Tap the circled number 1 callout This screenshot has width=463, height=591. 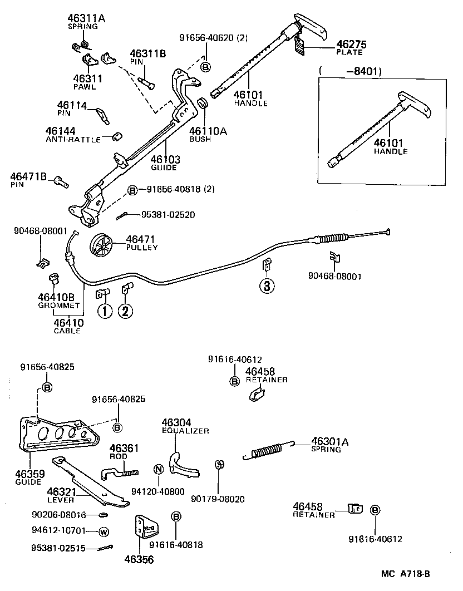[x=104, y=311]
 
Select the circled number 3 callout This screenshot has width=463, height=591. [x=267, y=286]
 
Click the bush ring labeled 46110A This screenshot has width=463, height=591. [x=203, y=104]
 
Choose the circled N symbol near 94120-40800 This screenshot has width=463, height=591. [x=158, y=469]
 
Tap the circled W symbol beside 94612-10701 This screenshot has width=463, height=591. [x=104, y=532]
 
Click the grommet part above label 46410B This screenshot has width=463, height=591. [x=54, y=278]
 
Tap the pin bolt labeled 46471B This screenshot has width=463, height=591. [x=61, y=180]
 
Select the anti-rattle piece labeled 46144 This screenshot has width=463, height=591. [x=117, y=135]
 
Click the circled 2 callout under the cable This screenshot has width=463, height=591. [x=125, y=311]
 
